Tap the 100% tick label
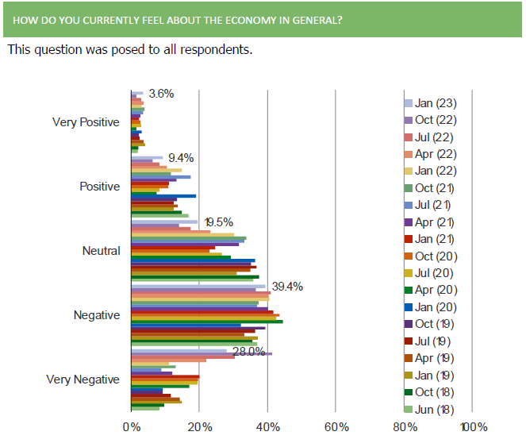point(474,428)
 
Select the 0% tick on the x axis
point(131,428)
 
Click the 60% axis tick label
point(336,428)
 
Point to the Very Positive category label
point(86,122)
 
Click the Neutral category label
point(102,251)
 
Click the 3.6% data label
point(161,94)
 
